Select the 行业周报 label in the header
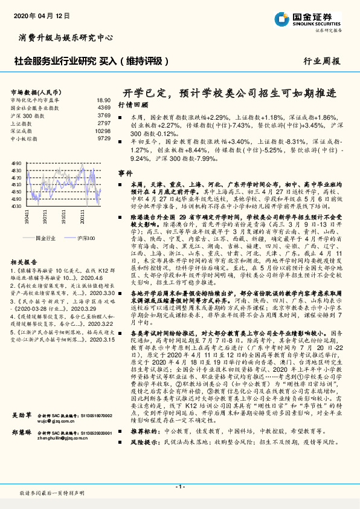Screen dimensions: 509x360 pyautogui.click(x=321, y=62)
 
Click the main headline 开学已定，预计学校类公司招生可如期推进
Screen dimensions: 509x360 pyautogui.click(x=230, y=92)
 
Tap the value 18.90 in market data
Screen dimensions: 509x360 pyautogui.click(x=103, y=100)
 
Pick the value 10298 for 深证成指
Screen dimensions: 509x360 pyautogui.click(x=103, y=131)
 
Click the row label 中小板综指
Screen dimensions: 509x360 pyautogui.click(x=24, y=138)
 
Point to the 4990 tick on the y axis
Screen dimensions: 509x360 pyautogui.click(x=16, y=163)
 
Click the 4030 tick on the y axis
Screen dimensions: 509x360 pyautogui.click(x=16, y=206)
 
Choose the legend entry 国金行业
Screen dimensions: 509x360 pyautogui.click(x=43, y=239)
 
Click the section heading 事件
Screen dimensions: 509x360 pyautogui.click(x=125, y=172)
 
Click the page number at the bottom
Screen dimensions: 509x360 pyautogui.click(x=179, y=486)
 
